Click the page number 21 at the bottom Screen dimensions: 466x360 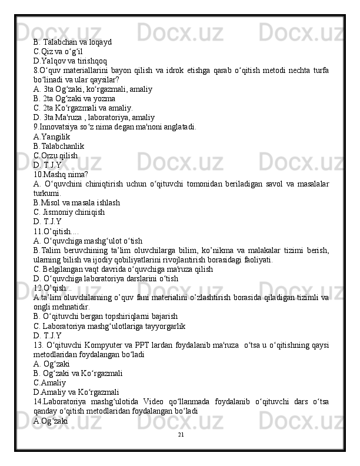[x=180, y=434]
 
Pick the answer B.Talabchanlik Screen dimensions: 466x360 [x=59, y=145]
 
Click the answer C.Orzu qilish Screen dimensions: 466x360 [x=56, y=155]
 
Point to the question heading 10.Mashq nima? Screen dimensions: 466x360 [x=61, y=174]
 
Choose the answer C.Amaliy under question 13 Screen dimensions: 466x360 [x=49, y=383]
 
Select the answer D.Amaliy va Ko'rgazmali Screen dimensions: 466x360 [x=76, y=392]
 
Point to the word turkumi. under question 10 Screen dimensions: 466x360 [x=46, y=193]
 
